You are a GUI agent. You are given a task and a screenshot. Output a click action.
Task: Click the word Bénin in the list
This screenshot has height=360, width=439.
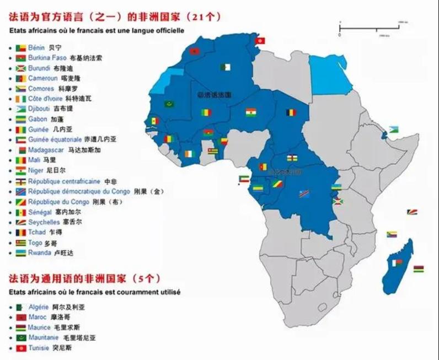(x=36, y=48)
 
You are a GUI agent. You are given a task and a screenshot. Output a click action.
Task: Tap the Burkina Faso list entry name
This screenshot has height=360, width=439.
(x=47, y=58)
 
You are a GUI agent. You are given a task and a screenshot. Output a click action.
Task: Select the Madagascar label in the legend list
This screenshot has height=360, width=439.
(x=47, y=150)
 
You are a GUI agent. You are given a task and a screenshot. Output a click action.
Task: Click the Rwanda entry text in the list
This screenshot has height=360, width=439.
(x=39, y=252)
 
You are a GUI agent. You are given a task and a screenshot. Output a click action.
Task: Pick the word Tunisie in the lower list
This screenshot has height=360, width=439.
(x=39, y=348)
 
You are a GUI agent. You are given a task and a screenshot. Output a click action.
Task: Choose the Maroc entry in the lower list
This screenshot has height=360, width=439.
(x=38, y=317)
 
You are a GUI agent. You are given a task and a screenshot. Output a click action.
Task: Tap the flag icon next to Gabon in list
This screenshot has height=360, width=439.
(x=20, y=119)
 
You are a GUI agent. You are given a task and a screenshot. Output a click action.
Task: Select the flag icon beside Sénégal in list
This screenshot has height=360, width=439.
(x=20, y=212)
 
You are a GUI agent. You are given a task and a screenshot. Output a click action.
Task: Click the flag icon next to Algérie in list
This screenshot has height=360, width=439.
(x=20, y=307)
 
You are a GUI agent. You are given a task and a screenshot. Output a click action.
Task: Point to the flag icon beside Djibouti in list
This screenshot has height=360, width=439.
(x=20, y=109)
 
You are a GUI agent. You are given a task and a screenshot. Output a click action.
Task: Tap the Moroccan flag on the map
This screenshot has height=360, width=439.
(x=194, y=52)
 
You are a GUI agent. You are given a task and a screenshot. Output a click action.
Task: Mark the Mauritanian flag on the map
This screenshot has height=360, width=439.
(x=169, y=104)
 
